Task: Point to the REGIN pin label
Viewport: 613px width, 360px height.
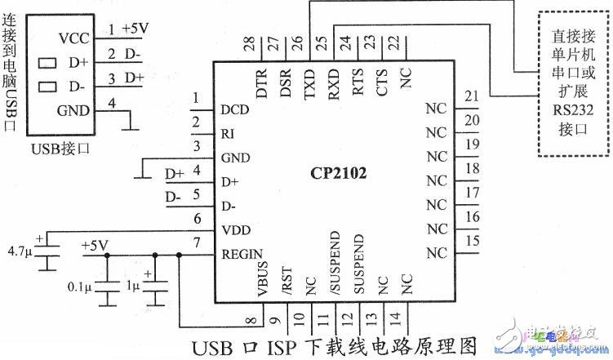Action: [x=241, y=255]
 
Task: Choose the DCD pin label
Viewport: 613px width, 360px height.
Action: [x=234, y=109]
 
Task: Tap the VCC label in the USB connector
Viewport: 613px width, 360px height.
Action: [x=73, y=38]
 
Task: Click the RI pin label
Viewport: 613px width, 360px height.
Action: [x=228, y=133]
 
